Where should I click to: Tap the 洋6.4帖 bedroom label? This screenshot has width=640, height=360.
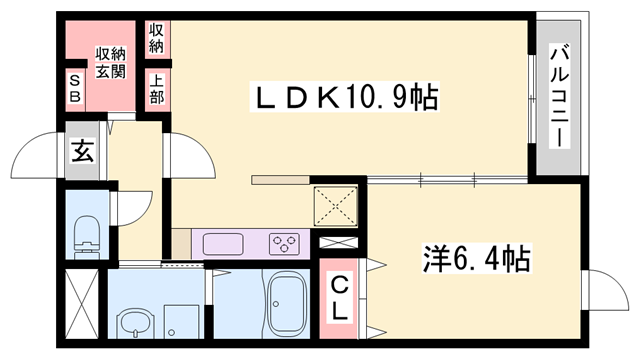(x=475, y=260)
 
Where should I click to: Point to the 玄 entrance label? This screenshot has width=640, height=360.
(x=82, y=152)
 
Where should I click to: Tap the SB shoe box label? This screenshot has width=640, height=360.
(x=75, y=88)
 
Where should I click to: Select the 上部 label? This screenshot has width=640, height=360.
(x=157, y=89)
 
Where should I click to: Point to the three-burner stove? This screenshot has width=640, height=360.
(x=285, y=243)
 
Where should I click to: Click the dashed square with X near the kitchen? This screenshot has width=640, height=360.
(x=335, y=206)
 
